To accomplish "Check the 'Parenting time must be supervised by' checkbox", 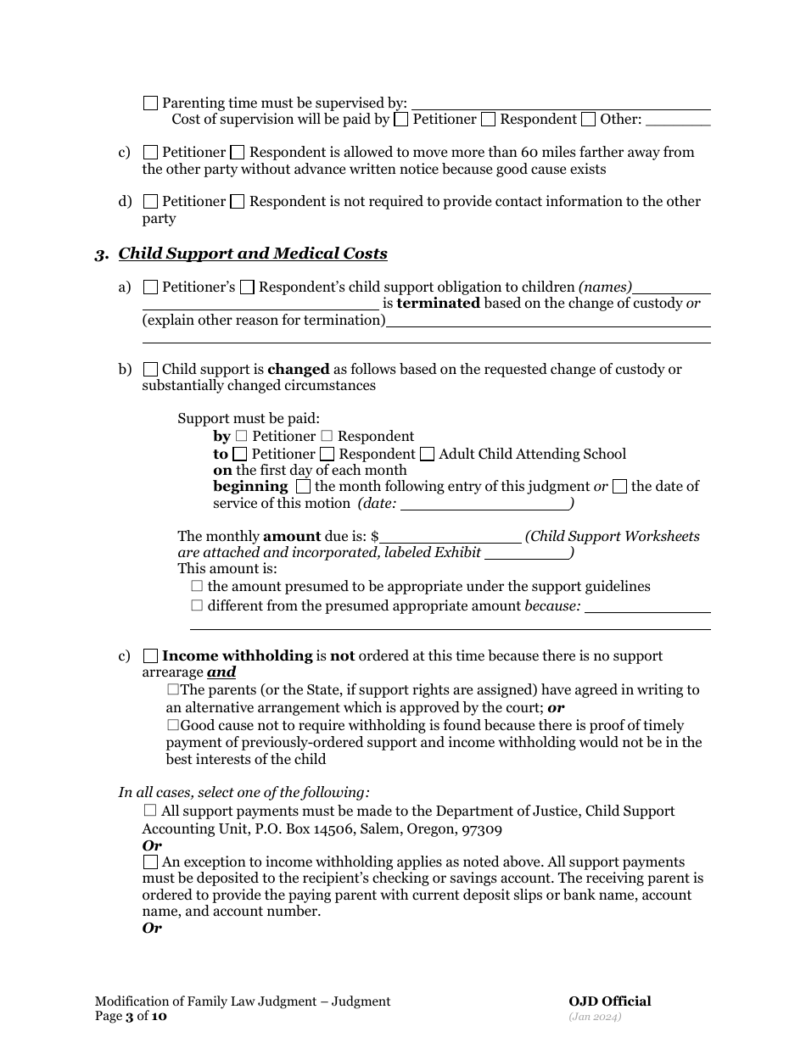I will click(150, 103).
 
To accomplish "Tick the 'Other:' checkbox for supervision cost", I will click(589, 120).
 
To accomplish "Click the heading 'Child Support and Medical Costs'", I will click(253, 254).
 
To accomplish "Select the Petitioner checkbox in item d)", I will click(150, 202).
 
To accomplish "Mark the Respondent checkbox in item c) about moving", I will click(238, 153).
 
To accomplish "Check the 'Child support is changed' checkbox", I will click(150, 370).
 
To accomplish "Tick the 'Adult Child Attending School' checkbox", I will click(427, 455).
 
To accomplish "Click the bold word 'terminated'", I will click(438, 304).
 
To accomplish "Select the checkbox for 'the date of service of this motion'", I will click(619, 487).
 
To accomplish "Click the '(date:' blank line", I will click(484, 504).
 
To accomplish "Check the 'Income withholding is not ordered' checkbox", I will click(150, 656).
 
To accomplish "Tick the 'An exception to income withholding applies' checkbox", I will click(150, 862).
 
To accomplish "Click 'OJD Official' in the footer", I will click(609, 1001).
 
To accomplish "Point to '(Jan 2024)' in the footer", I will click(596, 1016).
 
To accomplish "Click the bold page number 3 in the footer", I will click(130, 1017).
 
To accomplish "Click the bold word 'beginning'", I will click(250, 487).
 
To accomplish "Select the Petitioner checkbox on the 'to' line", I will click(240, 455).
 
